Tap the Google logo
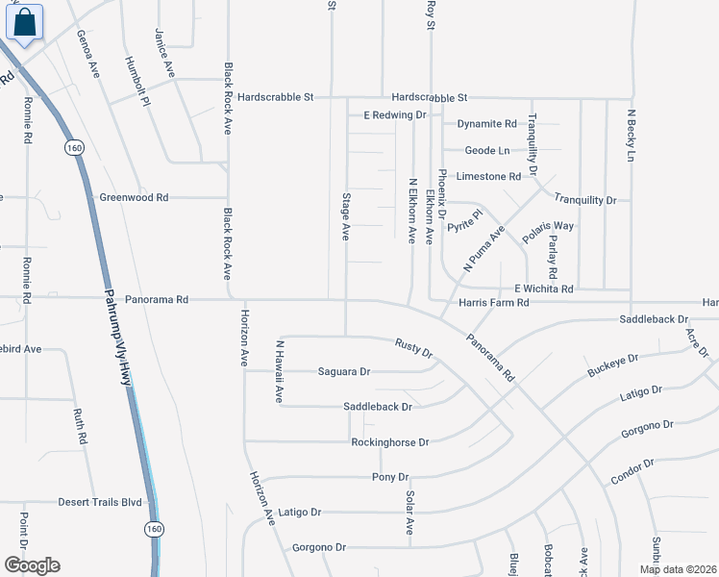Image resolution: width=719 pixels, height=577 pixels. pos(32,565)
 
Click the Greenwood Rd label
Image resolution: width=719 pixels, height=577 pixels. pos(134,197)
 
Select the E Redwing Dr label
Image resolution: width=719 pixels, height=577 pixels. pos(394,115)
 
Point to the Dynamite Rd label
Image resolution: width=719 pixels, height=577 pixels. pos(486,124)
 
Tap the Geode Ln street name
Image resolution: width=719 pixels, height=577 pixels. pos(487,151)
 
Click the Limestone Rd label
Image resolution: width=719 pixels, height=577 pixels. pos(488,176)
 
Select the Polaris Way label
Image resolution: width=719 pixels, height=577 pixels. pos(548,226)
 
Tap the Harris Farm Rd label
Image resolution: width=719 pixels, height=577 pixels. pos(494,303)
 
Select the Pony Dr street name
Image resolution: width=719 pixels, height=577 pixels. pos(390,477)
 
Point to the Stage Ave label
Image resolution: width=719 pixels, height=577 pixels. pos(345,216)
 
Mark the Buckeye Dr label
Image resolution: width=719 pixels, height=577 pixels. pos(612,365)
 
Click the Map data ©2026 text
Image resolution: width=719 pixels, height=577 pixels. pos(677,569)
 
